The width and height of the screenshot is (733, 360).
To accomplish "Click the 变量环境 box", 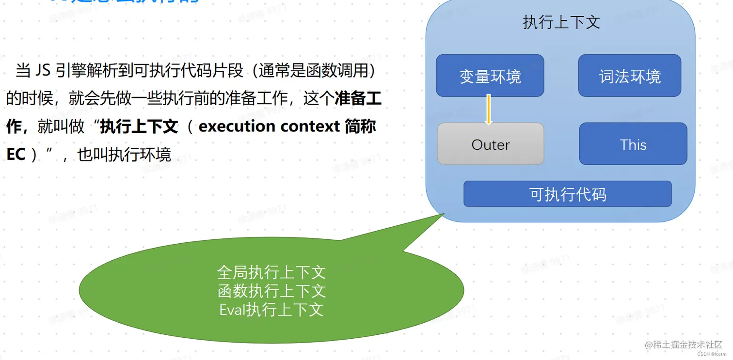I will point(490,76).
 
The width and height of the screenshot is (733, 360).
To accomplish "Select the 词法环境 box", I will point(630,76).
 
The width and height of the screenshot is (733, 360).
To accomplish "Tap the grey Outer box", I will point(491,144).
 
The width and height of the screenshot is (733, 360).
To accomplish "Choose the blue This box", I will point(633,144).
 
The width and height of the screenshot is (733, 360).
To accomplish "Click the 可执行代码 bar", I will point(568,194).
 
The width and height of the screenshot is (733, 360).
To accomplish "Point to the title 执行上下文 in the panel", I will point(561,22).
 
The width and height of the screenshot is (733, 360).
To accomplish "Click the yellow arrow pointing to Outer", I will point(489,110).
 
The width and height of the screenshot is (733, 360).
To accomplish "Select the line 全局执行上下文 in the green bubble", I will point(271,272).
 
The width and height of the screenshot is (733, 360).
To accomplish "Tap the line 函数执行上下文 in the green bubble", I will point(271,291).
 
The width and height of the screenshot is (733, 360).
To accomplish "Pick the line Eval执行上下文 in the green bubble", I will point(271,310).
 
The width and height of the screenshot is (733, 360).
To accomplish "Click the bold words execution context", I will point(269,126).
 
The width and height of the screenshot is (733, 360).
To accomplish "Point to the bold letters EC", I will point(16,155).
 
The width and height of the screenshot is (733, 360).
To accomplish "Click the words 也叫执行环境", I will point(124,155).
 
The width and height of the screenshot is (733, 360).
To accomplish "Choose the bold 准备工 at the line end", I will point(358,99).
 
